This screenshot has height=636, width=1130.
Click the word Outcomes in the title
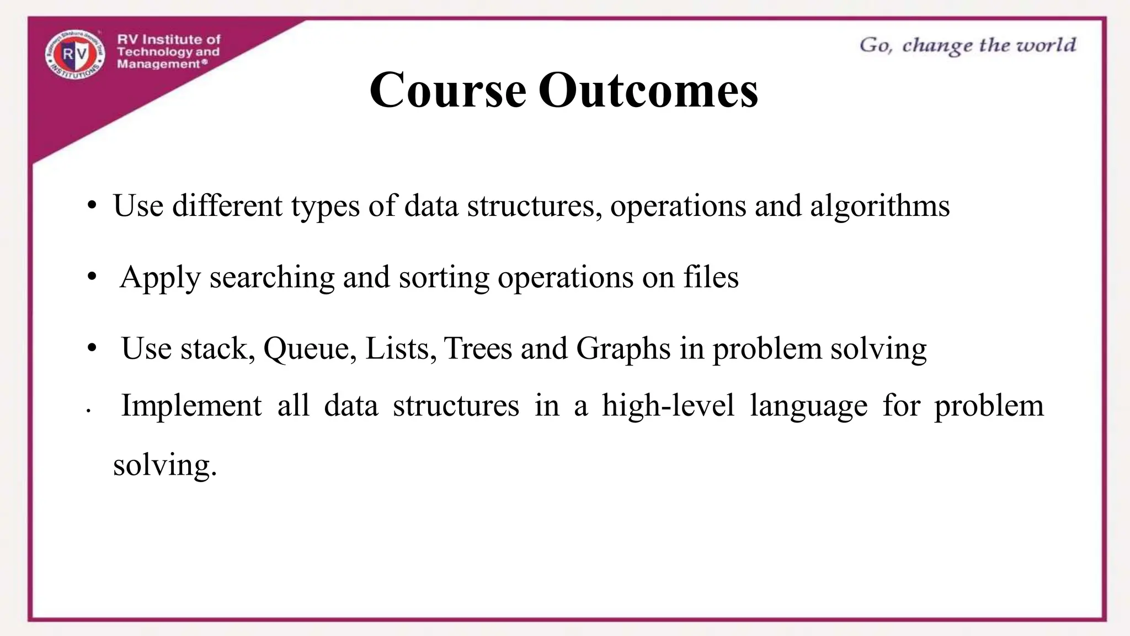tap(648, 89)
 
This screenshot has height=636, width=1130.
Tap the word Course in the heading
tap(447, 89)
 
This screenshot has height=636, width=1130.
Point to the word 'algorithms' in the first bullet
tap(880, 206)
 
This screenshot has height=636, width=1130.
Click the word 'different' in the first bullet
tap(227, 206)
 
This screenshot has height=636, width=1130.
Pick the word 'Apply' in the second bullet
tap(160, 277)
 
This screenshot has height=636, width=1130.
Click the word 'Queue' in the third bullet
tap(310, 349)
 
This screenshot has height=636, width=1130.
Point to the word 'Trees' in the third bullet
tap(478, 348)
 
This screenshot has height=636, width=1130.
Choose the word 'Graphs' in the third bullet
tap(623, 349)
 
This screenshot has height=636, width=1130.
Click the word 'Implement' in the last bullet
tap(191, 406)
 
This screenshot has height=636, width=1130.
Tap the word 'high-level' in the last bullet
tap(668, 406)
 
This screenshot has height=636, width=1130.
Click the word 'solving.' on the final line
tap(165, 465)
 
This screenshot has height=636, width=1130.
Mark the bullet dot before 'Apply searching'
tap(92, 276)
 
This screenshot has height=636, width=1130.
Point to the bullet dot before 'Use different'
tap(92, 206)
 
